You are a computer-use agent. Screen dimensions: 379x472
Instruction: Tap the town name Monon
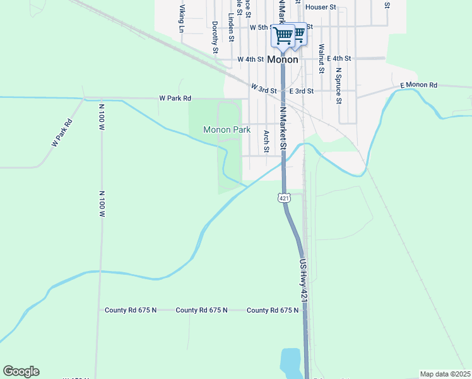click(x=283, y=59)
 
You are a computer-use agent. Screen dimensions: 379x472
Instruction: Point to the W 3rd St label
click(x=264, y=88)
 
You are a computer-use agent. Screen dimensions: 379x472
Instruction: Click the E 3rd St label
click(x=302, y=91)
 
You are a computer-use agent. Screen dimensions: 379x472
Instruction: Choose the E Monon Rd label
click(x=418, y=85)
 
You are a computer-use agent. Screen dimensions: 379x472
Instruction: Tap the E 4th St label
click(x=338, y=58)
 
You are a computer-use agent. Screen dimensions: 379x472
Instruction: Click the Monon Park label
click(x=227, y=129)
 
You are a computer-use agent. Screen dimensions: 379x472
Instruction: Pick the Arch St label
click(x=267, y=141)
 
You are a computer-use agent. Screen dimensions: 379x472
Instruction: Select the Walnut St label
click(x=322, y=56)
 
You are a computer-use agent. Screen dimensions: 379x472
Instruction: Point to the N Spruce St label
click(x=339, y=85)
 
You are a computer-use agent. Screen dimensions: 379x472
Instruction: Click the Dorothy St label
click(x=215, y=37)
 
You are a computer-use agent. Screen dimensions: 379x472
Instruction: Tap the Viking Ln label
click(x=182, y=19)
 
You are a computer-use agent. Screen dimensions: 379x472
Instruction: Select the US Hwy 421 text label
click(x=304, y=278)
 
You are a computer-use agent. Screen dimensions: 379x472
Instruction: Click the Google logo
click(x=21, y=371)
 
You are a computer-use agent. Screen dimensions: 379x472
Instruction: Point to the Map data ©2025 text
click(x=445, y=374)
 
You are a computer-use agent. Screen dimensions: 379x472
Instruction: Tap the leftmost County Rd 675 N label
click(x=131, y=310)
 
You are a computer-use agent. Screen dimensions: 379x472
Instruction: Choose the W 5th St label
click(x=261, y=28)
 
